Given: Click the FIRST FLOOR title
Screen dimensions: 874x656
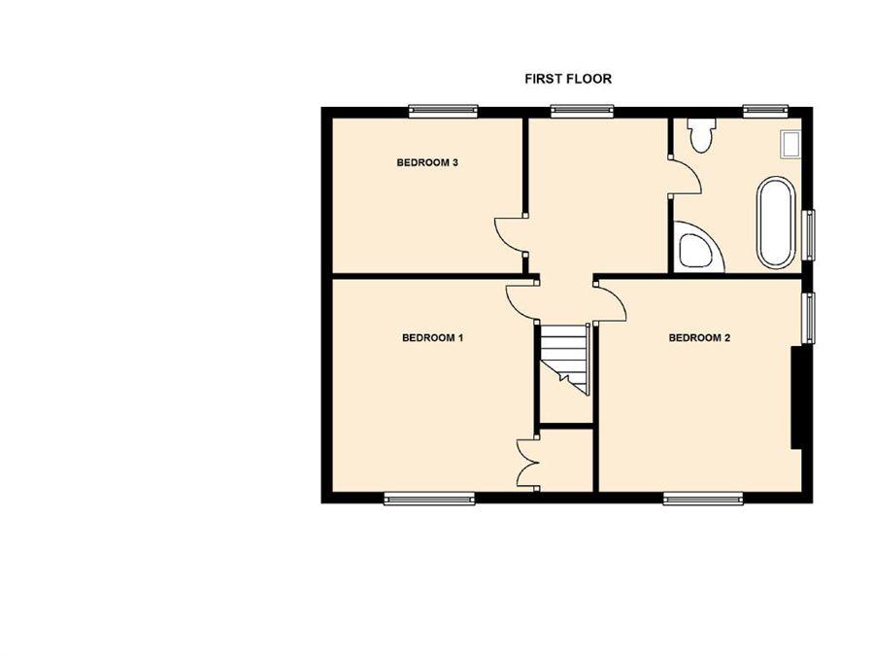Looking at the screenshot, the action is tap(568, 80).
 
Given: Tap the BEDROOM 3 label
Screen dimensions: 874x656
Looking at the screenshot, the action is tap(427, 163).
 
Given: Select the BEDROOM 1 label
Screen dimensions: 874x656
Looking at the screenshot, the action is tap(433, 338).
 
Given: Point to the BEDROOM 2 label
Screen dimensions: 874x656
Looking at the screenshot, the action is tap(699, 338).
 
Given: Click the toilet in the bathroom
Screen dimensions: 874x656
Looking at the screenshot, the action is tap(700, 134).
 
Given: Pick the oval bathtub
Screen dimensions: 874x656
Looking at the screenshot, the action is tap(774, 223).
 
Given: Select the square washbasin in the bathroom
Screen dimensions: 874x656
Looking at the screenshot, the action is tap(791, 145).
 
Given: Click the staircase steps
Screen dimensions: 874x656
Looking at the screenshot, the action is tap(565, 360).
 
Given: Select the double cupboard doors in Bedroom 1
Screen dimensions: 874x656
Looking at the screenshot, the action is tap(525, 464).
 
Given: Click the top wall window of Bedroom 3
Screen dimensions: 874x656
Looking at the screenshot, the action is tap(443, 111).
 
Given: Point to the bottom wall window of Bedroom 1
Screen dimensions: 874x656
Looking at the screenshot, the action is tap(430, 499).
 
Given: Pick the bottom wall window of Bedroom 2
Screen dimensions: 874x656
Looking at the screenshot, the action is tap(703, 499).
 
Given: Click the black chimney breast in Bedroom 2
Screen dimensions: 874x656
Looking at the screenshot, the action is tap(797, 397).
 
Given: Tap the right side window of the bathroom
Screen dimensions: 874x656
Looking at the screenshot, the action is tap(808, 235).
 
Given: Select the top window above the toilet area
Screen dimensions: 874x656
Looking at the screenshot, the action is tap(766, 111).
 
